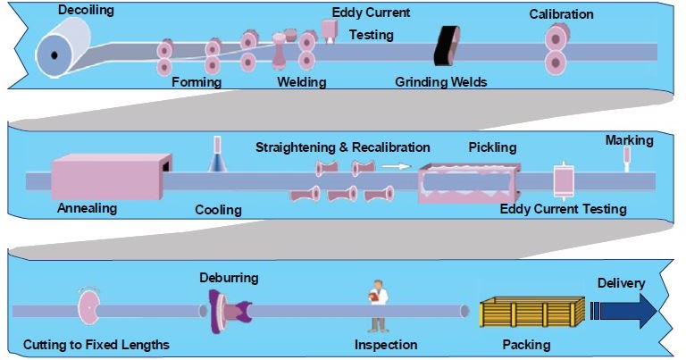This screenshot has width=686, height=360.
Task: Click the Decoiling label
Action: (x=88, y=11)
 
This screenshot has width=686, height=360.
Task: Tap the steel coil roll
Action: (x=62, y=50)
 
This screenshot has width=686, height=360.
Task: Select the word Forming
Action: (x=196, y=82)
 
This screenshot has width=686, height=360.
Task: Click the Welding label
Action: (x=301, y=82)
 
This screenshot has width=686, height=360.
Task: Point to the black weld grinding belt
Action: (x=445, y=46)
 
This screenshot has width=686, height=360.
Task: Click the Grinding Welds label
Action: (x=440, y=82)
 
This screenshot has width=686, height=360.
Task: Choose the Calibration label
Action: (x=562, y=14)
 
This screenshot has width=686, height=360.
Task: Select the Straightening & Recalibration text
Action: (x=342, y=147)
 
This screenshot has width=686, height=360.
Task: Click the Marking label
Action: (x=629, y=140)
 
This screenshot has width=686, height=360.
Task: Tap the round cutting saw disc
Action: (x=90, y=309)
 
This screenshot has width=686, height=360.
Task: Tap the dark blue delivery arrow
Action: (x=626, y=309)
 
